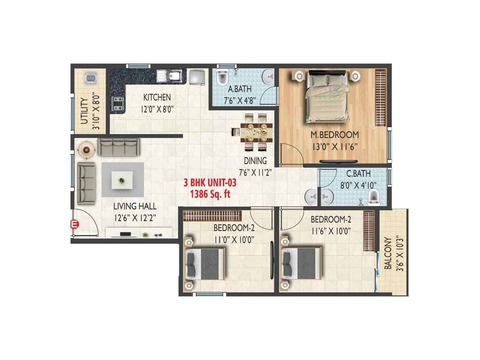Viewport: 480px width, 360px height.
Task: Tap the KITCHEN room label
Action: [157, 97]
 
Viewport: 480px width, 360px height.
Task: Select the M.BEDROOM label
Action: [334, 135]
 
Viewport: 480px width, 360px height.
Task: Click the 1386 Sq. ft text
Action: [210, 194]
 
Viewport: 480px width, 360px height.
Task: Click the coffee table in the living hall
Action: [122, 180]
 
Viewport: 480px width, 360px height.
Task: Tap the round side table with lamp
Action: [86, 149]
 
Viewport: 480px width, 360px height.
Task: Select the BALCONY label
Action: [388, 253]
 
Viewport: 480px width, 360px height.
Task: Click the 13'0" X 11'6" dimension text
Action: [334, 147]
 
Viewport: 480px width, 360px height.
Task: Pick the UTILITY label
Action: [84, 111]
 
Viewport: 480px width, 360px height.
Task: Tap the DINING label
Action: [255, 161]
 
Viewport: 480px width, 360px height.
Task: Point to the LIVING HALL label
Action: [135, 206]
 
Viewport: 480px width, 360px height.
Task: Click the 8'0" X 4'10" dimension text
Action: [358, 185]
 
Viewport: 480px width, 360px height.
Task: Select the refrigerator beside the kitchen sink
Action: [197, 77]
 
